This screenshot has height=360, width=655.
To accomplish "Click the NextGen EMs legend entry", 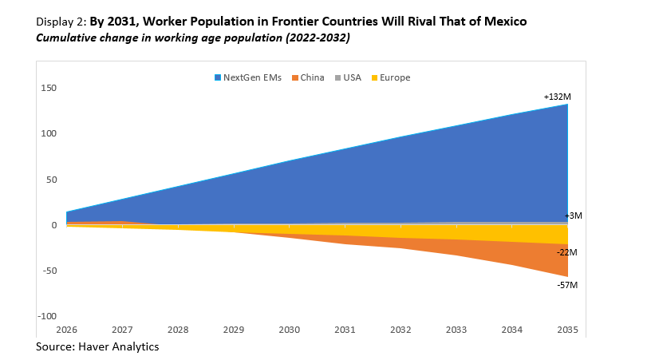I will tap(247, 77).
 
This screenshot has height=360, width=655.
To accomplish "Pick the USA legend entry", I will tap(352, 77).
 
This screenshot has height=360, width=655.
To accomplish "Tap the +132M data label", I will tap(558, 97).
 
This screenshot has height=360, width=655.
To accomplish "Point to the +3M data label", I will tap(574, 216).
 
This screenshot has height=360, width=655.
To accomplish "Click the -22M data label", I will tap(567, 252).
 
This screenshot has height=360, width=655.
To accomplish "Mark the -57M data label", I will tap(567, 285).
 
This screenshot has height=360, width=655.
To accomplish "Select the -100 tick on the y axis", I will tap(47, 317).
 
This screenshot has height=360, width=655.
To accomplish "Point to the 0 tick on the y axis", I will tap(54, 225).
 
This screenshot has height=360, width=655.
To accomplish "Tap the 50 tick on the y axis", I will tap(51, 180).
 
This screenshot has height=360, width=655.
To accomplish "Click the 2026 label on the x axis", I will tap(66, 329).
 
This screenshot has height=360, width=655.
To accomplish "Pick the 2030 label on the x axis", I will tap(289, 329).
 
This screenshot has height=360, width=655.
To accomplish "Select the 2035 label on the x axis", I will tap(567, 329).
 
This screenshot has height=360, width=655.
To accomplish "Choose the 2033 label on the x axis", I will tap(456, 329).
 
